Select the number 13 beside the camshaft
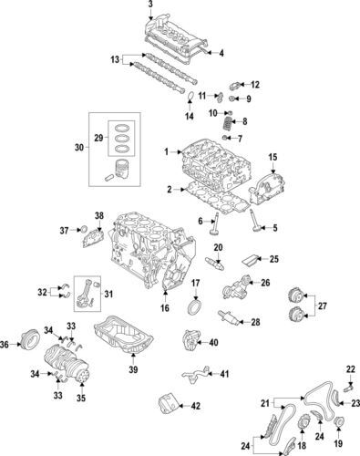coord(116,59)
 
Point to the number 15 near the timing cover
coord(271,159)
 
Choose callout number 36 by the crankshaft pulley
coord(6,344)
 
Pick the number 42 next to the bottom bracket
coord(194,404)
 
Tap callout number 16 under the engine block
coord(165,309)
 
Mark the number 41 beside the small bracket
coord(225,374)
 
